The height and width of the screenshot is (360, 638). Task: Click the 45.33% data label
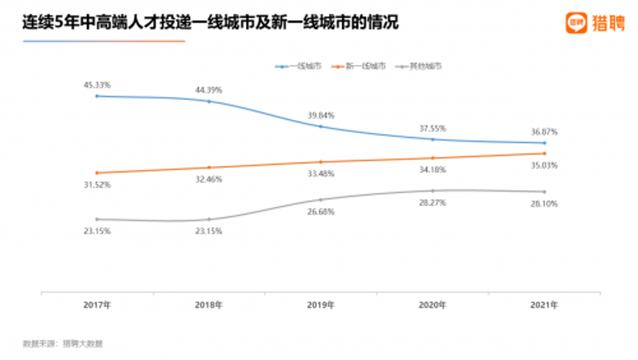[x=97, y=85]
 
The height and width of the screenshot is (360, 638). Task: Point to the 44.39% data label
[x=209, y=90]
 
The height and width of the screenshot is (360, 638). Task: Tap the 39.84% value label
[x=321, y=115]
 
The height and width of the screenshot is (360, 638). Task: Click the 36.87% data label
[x=544, y=132]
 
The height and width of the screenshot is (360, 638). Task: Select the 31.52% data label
[x=97, y=185]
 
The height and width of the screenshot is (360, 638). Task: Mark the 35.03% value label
[x=544, y=165]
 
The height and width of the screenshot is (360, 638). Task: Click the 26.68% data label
[x=321, y=212]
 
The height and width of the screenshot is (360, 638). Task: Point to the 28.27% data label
[x=433, y=203]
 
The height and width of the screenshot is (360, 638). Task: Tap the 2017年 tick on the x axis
[x=97, y=305]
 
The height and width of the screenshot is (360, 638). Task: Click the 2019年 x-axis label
[x=321, y=305]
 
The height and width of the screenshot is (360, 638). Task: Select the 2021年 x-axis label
[x=544, y=305]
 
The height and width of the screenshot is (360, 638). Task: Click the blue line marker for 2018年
[x=209, y=101]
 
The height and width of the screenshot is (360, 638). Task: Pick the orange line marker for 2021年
[x=544, y=153]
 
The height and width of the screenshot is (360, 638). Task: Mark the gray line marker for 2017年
[x=97, y=219]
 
